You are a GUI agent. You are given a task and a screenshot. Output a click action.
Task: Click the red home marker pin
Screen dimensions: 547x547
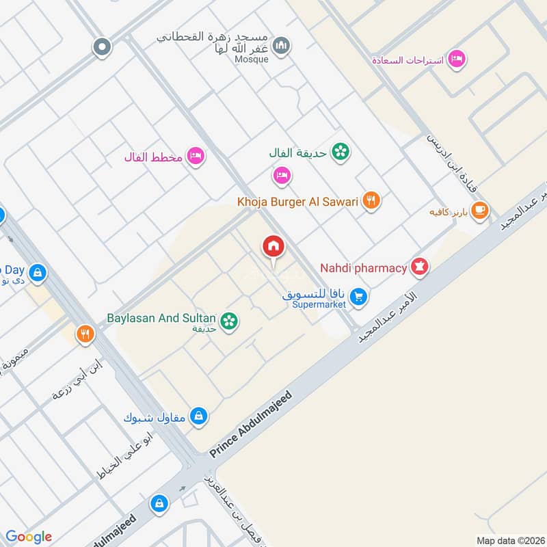[x=273, y=246]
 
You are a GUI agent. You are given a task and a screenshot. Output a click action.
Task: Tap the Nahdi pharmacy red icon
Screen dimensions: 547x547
[x=419, y=267]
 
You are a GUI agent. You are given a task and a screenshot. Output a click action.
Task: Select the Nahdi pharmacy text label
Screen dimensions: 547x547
[x=363, y=267]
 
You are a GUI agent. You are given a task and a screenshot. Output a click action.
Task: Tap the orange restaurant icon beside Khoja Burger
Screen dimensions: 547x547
[x=371, y=200]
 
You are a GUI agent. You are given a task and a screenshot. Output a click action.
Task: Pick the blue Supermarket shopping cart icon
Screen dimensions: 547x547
[x=357, y=296]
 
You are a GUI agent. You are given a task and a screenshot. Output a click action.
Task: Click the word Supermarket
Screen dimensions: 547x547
[x=319, y=304]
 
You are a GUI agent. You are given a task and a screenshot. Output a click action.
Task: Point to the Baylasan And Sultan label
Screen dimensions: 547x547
[x=161, y=318]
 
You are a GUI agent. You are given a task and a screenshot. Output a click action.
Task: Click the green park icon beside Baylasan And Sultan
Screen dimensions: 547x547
[x=229, y=319]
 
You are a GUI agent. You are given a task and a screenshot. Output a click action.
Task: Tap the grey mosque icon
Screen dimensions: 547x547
[x=280, y=46]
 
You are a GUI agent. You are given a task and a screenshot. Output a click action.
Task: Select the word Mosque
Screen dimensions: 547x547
[x=252, y=59]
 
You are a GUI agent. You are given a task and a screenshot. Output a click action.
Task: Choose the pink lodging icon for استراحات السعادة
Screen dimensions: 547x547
[x=457, y=59]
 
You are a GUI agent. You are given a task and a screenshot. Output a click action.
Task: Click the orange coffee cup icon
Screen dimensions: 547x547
[x=480, y=210]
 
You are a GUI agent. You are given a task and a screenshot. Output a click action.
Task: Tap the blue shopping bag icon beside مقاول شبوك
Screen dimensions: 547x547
[x=198, y=416]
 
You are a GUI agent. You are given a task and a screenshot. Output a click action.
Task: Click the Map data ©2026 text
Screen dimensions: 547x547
[x=508, y=540]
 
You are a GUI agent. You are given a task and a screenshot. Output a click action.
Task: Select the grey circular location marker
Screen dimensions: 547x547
[x=102, y=46]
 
